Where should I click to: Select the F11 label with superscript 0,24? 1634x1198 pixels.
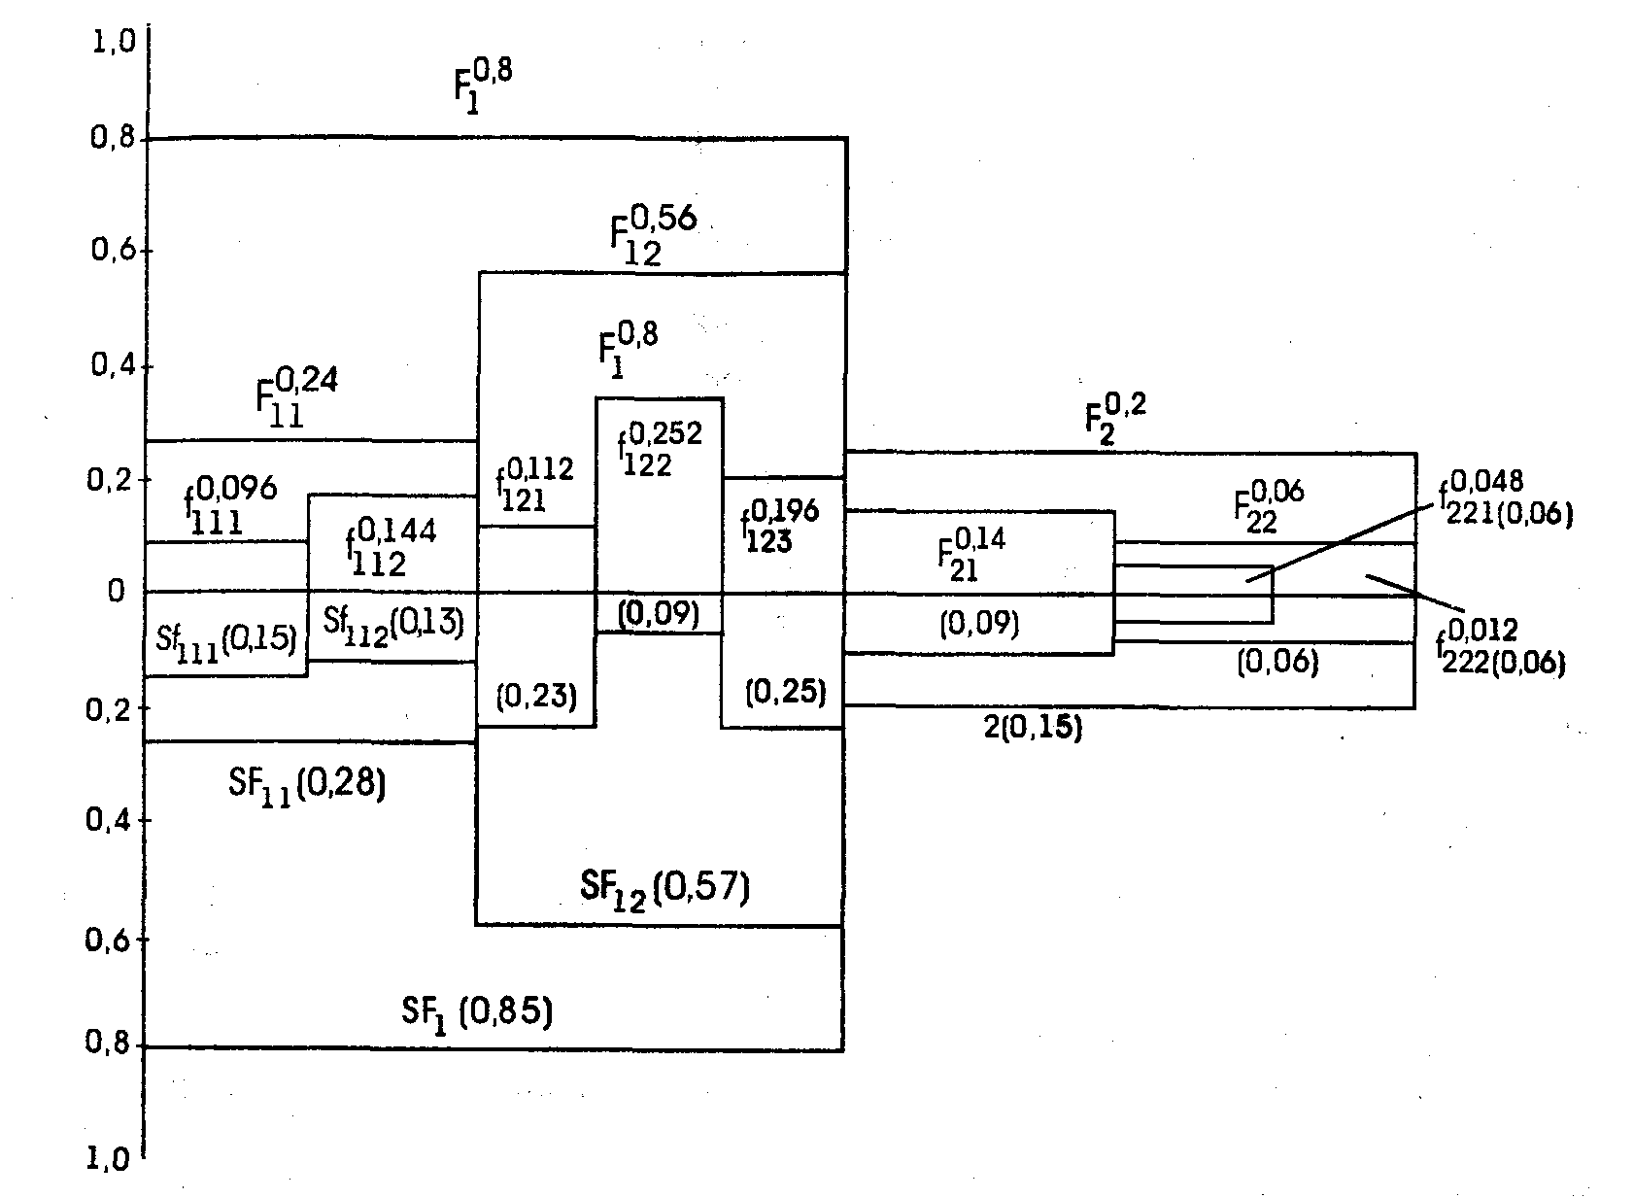(x=295, y=396)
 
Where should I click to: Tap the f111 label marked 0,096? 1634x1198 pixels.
(x=230, y=505)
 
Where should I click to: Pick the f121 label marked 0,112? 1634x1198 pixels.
(x=533, y=484)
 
